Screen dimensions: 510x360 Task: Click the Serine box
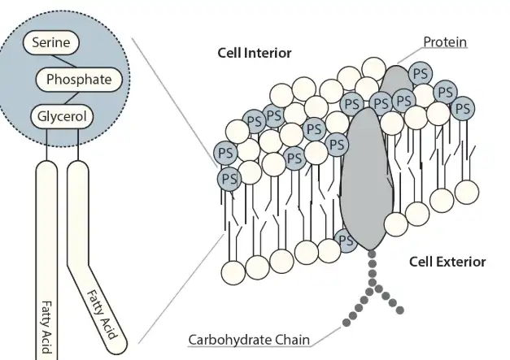click(x=51, y=42)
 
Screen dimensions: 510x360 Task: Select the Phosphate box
click(x=79, y=80)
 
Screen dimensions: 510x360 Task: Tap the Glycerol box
click(x=62, y=116)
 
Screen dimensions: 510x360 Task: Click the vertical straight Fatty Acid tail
click(x=46, y=260)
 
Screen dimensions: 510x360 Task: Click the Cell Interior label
click(x=255, y=53)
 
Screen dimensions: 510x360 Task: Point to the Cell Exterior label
click(x=447, y=262)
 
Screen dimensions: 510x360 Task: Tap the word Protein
click(x=445, y=42)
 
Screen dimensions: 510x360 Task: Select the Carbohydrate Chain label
click(x=249, y=340)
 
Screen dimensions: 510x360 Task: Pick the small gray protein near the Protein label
click(x=395, y=79)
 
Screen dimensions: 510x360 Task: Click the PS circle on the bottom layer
click(x=346, y=241)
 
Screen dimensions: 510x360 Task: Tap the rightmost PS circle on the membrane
click(x=463, y=108)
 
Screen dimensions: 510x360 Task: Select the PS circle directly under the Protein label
click(x=421, y=74)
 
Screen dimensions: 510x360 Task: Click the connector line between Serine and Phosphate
click(x=65, y=61)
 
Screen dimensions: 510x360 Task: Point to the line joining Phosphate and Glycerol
click(x=72, y=98)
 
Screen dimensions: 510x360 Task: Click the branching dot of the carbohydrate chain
click(x=373, y=282)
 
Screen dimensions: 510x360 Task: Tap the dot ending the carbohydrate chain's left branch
click(x=347, y=323)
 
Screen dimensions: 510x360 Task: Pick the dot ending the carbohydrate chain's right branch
click(x=400, y=310)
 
